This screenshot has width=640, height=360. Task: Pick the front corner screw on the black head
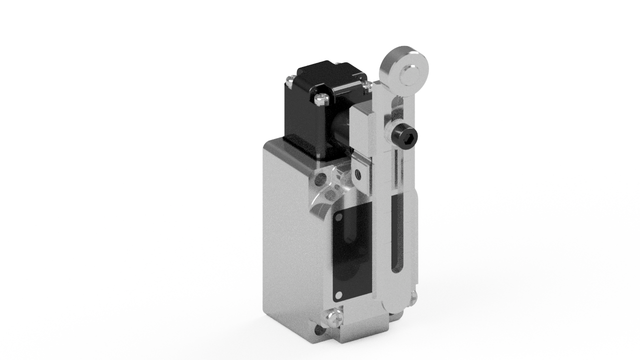(x=320, y=99)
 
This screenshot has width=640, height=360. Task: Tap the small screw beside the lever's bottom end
(x=413, y=298)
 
